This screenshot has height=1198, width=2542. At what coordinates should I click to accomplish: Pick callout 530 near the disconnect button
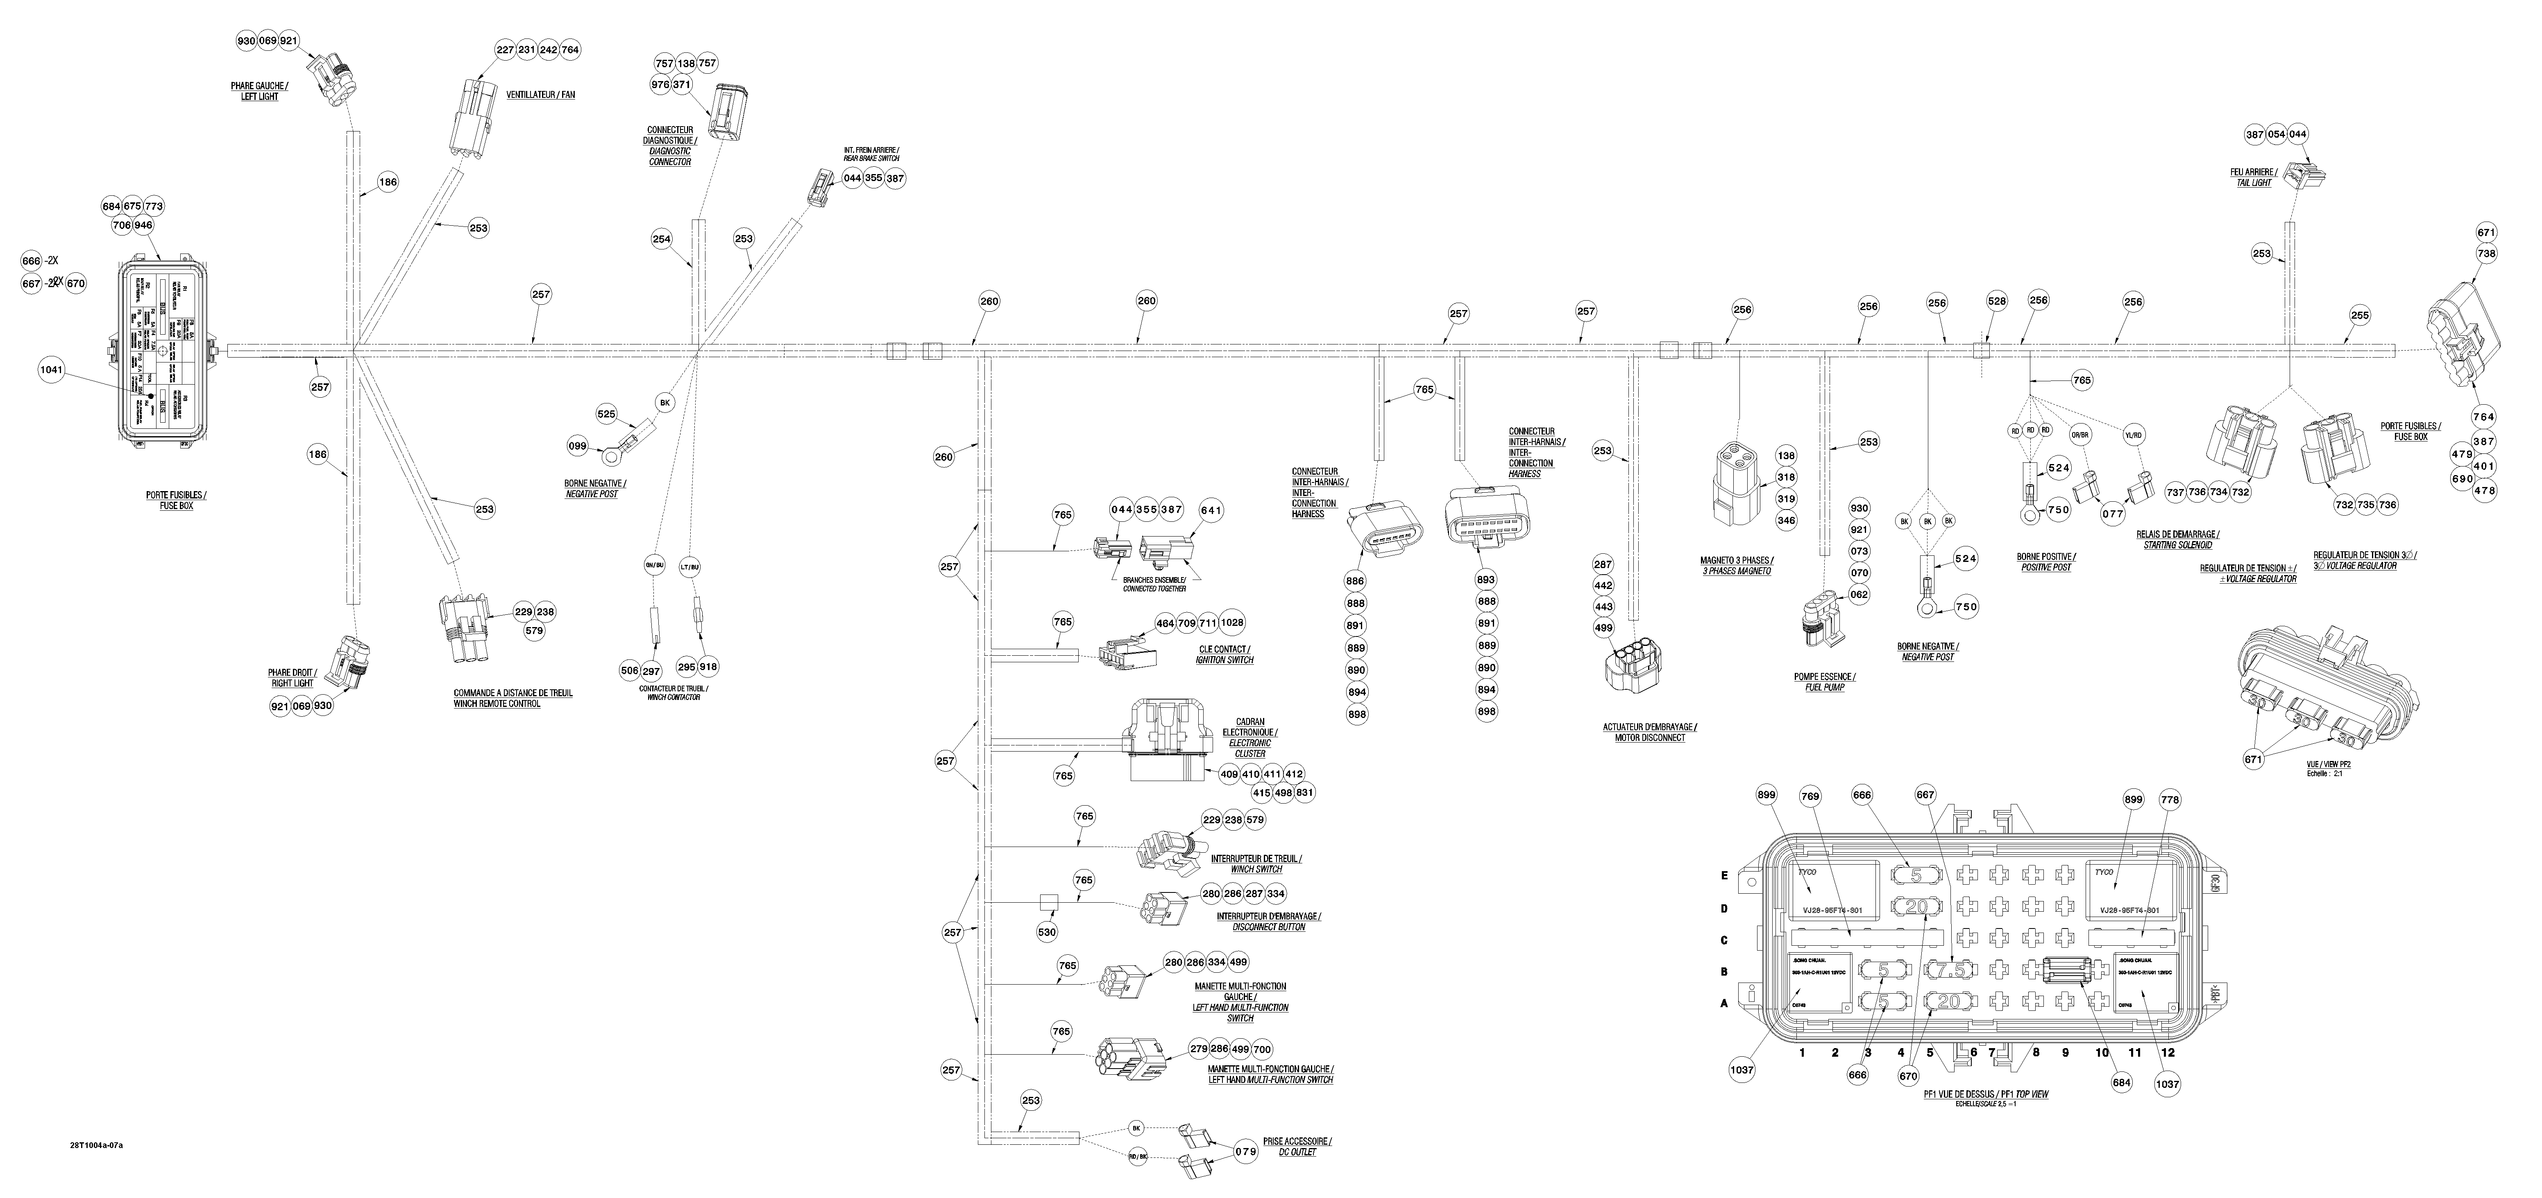(1047, 931)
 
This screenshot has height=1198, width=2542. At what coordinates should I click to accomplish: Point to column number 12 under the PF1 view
(2167, 1053)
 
